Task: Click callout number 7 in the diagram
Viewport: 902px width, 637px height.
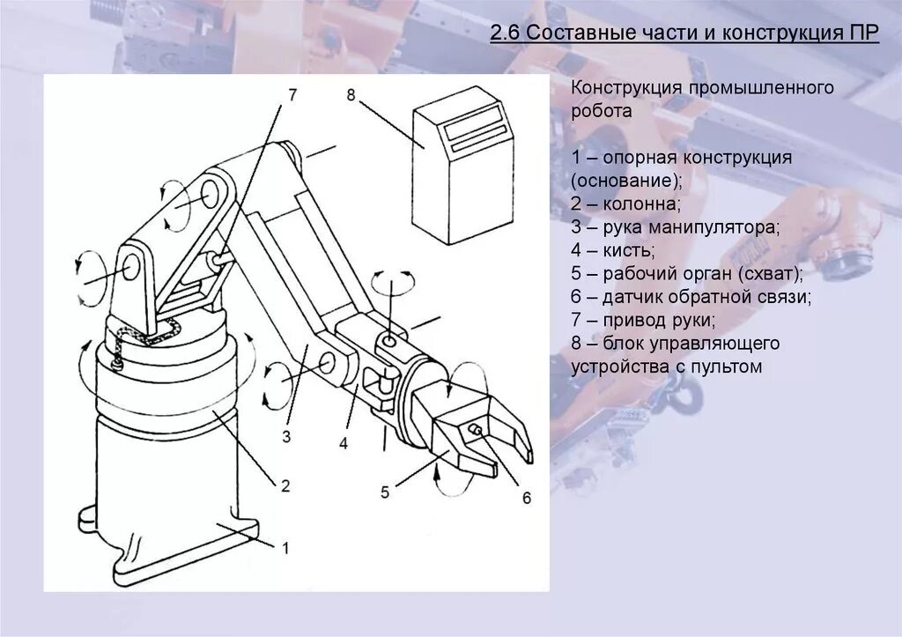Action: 292,93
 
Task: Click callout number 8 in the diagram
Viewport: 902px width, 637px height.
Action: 351,95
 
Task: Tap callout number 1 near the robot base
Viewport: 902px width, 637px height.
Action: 285,546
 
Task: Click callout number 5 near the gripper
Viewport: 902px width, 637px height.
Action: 385,493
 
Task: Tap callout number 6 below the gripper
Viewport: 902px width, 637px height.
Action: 526,498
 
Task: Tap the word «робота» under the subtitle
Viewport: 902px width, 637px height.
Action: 602,112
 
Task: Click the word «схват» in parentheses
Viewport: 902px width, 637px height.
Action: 772,273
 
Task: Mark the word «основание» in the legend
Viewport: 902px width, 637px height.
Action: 625,181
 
